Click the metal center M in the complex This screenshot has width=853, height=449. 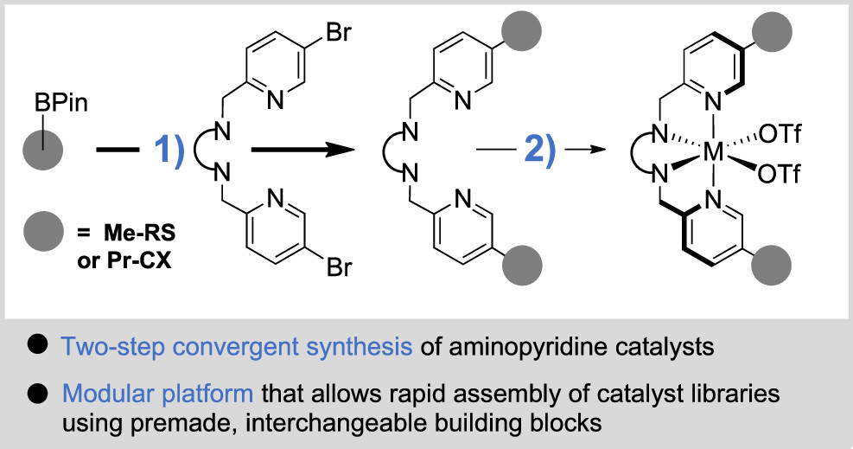coord(714,152)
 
